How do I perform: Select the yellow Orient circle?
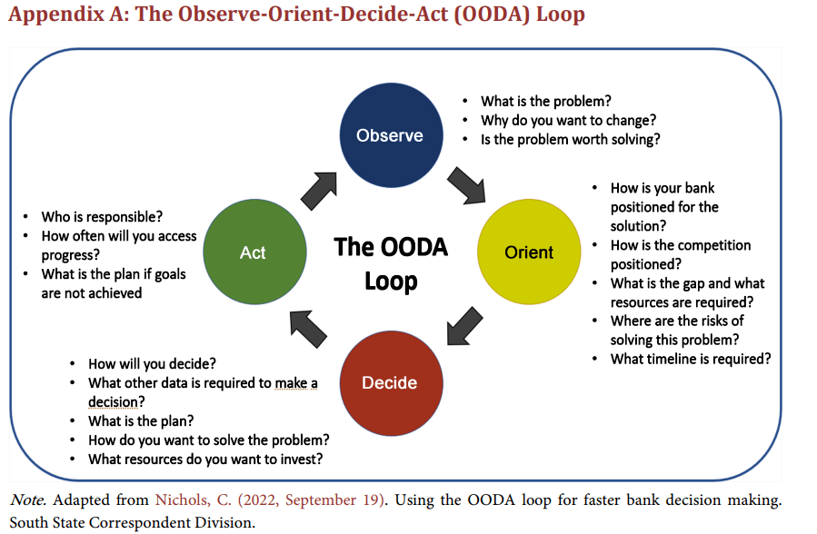[529, 252]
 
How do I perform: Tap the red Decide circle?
[390, 382]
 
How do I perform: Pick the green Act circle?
[253, 252]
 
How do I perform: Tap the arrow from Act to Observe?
[318, 187]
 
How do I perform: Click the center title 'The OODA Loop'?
[391, 263]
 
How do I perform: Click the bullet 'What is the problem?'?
[545, 101]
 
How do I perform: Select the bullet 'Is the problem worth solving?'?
[570, 139]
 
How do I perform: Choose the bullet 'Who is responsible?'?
[102, 217]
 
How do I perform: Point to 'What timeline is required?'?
[690, 359]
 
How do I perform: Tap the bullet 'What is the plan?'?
[141, 420]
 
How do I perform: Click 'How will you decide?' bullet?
[152, 364]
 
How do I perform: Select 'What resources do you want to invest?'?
[205, 459]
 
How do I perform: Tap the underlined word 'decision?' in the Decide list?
[117, 401]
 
